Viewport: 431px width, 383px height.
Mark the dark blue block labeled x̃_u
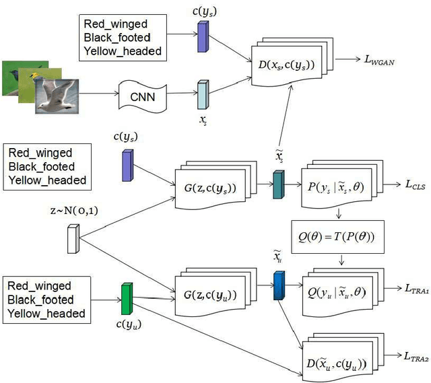coord(278,285)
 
